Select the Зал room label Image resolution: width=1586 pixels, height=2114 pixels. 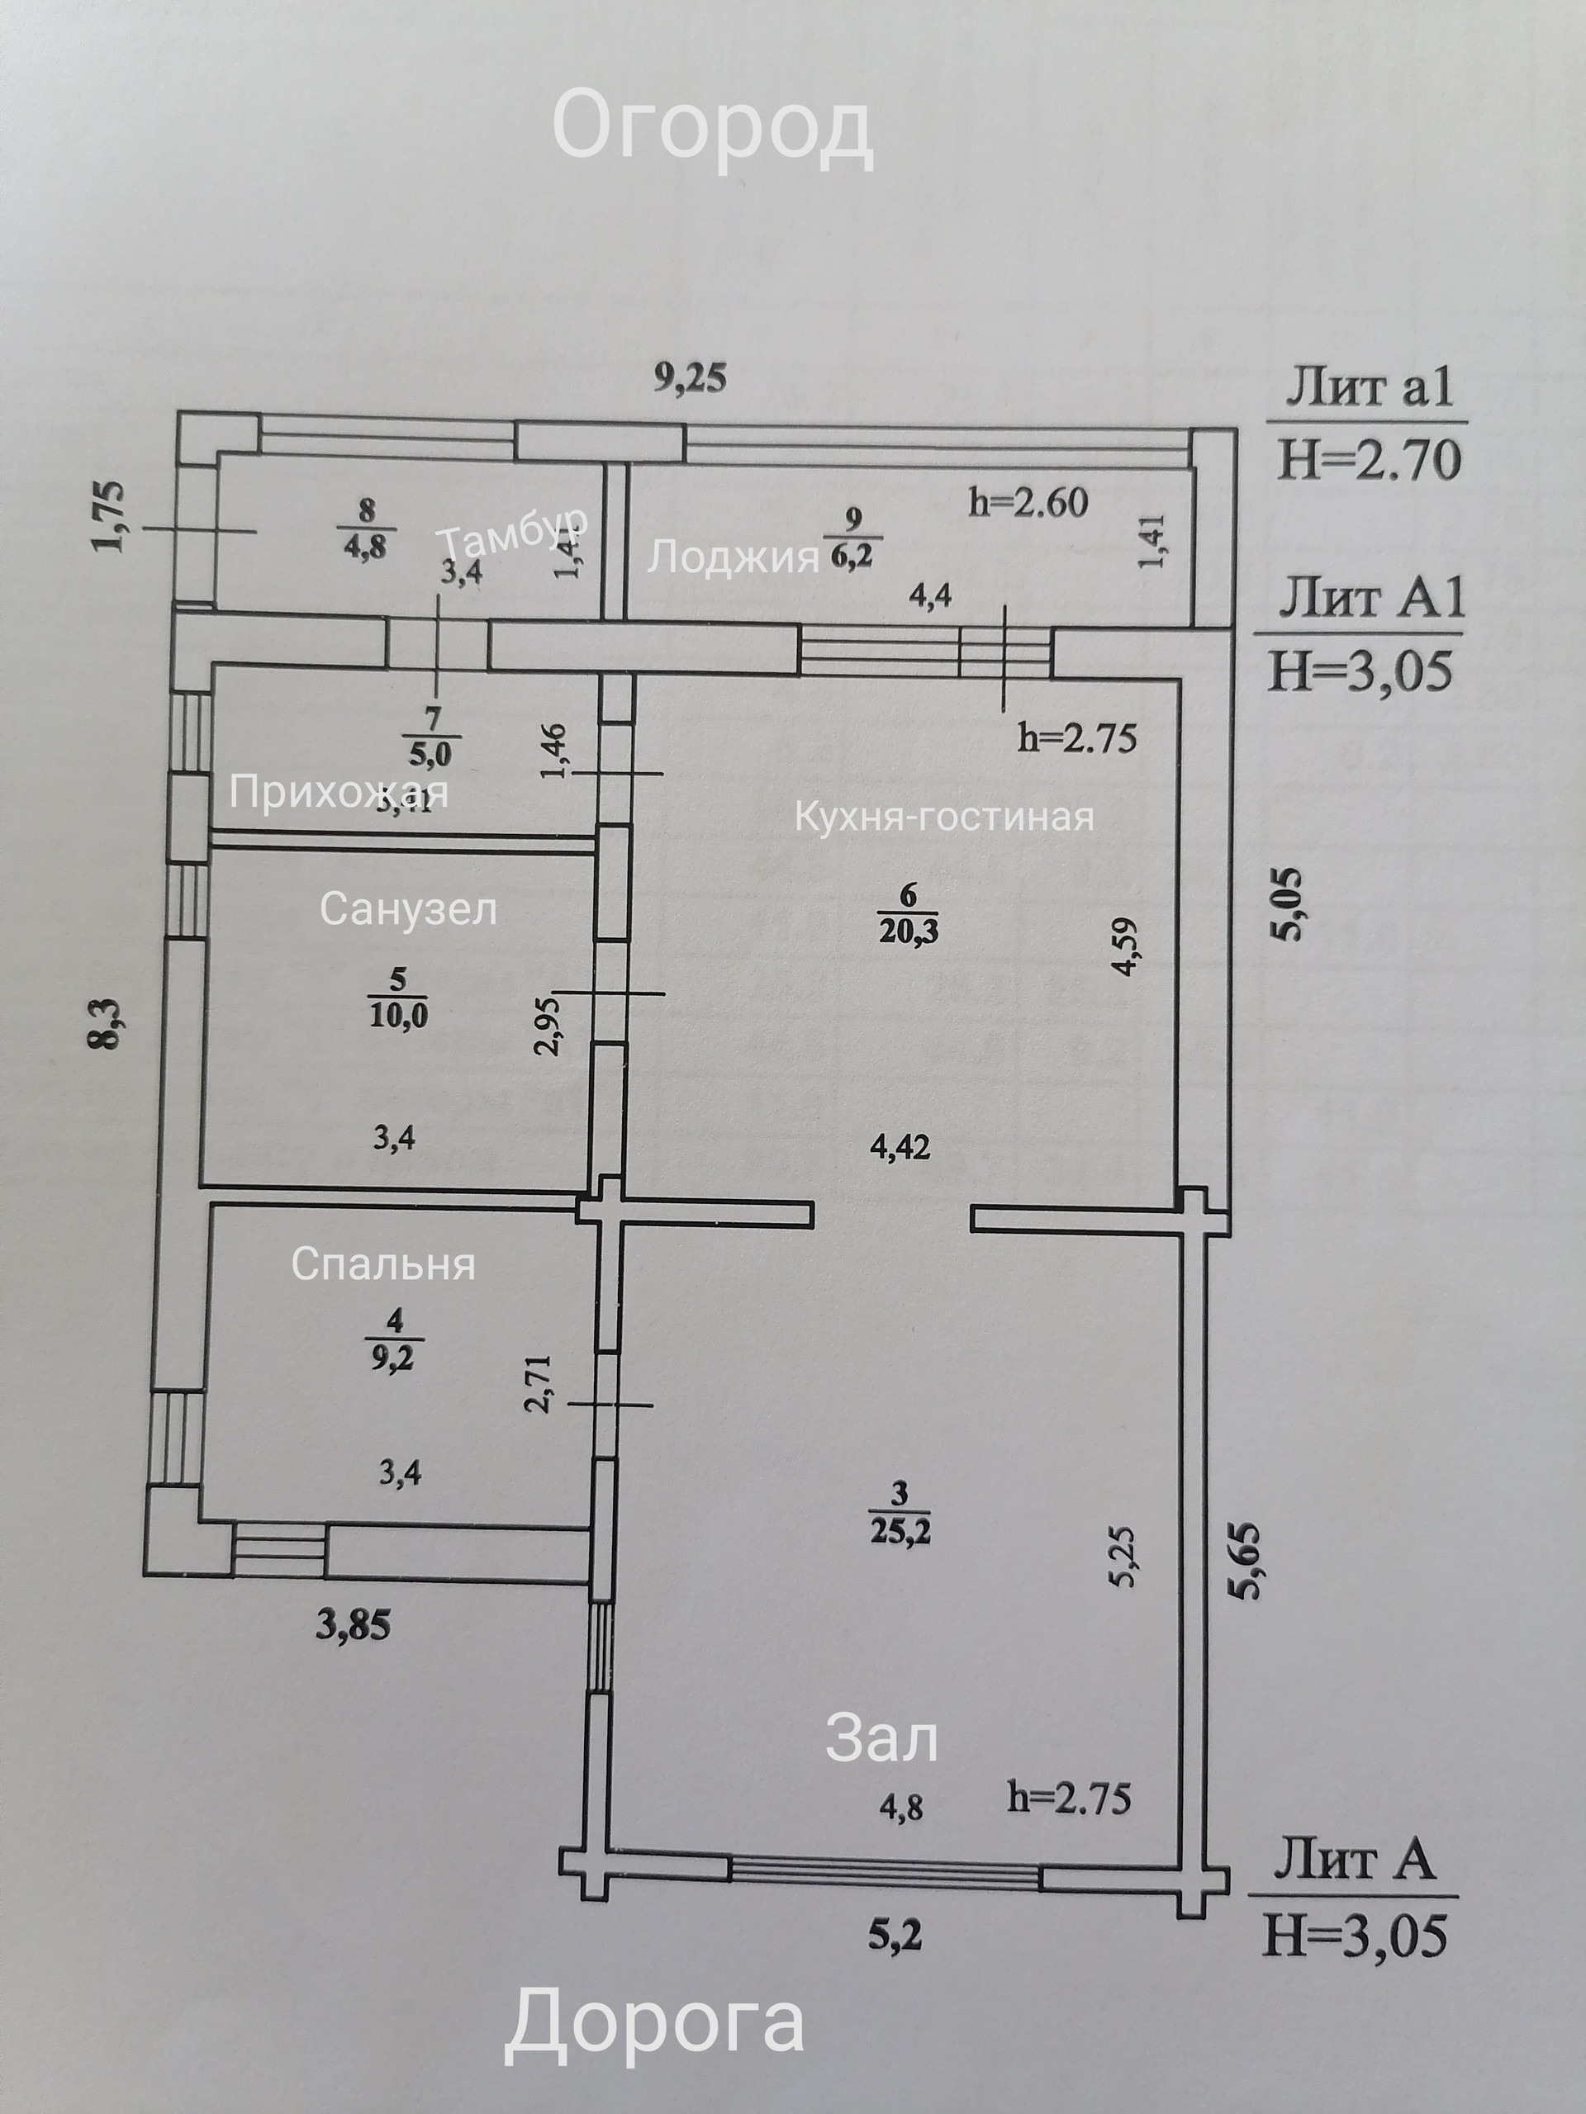[881, 1739]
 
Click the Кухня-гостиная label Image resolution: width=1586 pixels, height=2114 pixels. [944, 818]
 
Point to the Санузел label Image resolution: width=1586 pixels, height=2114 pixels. [408, 909]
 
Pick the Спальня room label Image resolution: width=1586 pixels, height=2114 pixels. [383, 1264]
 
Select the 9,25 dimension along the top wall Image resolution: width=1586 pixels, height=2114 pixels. [691, 378]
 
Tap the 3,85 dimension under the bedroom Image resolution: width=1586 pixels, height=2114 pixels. [353, 1624]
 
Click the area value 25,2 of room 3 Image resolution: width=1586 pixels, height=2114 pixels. [900, 1532]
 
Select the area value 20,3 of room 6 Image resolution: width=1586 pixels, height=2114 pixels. [908, 930]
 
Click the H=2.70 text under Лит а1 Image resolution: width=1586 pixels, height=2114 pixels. [1370, 460]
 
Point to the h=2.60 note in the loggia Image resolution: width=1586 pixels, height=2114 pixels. [1028, 503]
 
